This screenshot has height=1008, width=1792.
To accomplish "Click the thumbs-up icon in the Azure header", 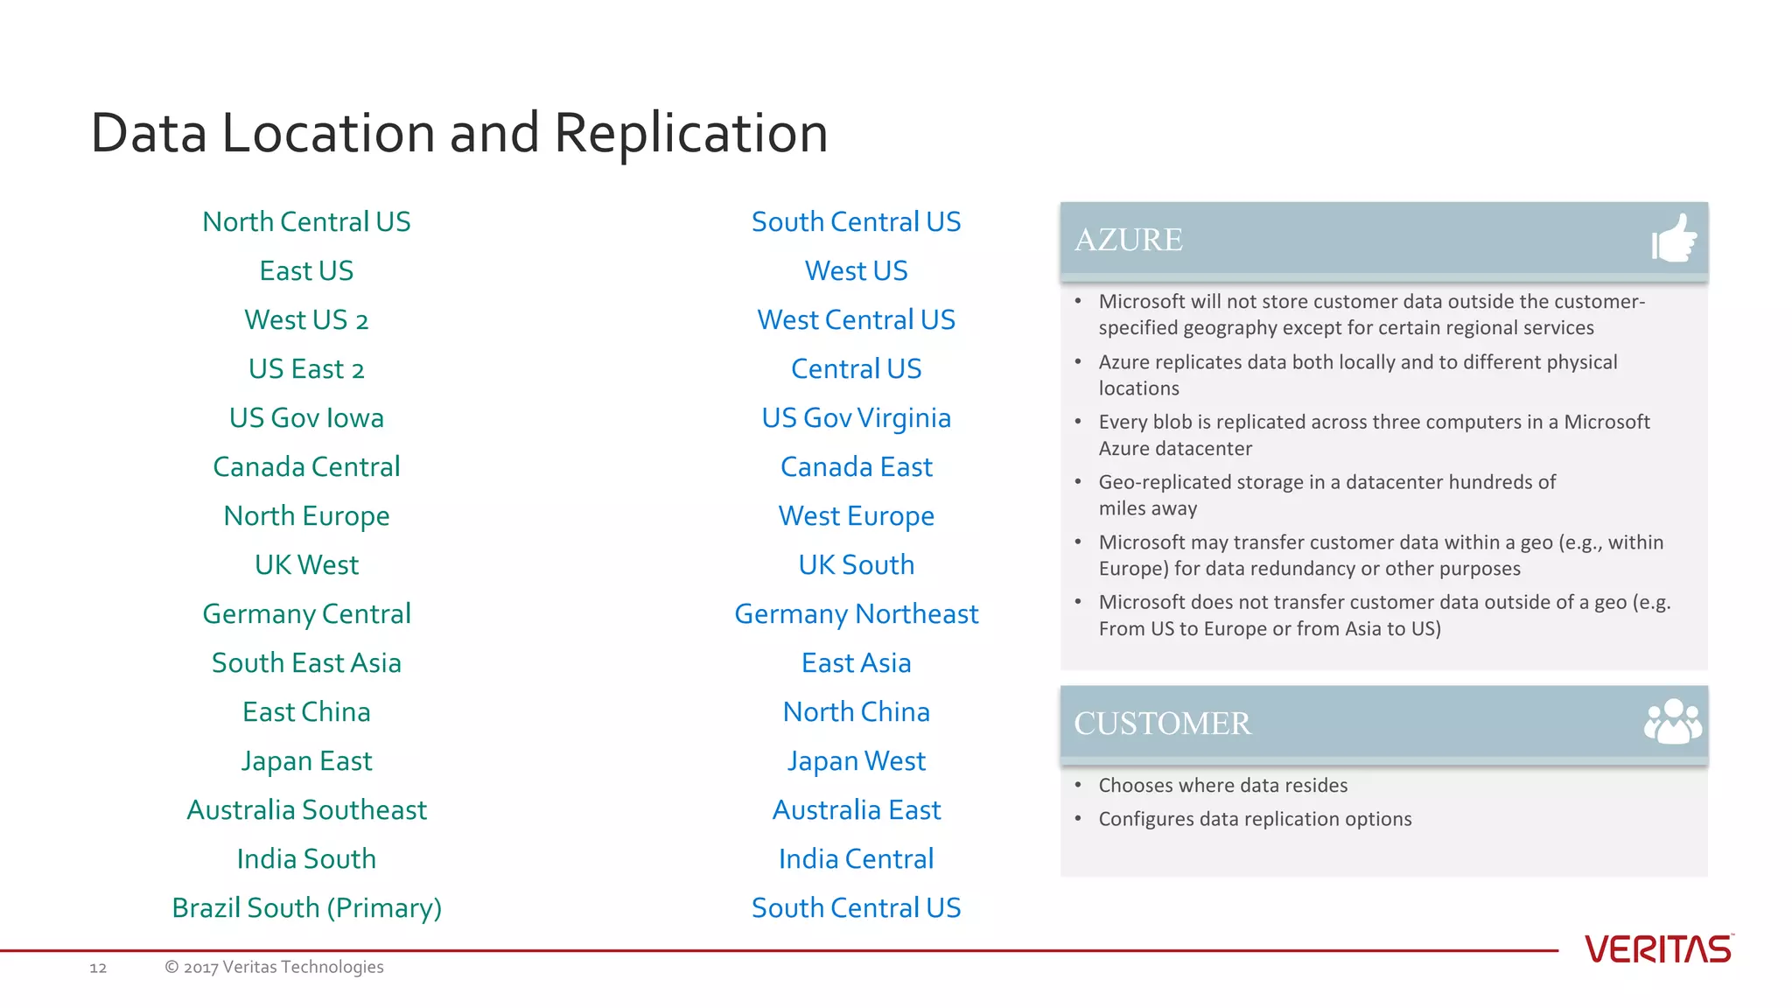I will point(1674,239).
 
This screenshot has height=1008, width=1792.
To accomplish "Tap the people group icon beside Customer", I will point(1672,722).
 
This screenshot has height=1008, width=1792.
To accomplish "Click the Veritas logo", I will point(1658,949).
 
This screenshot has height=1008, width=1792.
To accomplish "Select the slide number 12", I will point(98,968).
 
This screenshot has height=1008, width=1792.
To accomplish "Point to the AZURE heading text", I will point(1128,240).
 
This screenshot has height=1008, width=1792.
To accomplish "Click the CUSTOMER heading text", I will point(1162,724).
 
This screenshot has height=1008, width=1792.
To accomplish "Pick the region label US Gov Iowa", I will point(306,418).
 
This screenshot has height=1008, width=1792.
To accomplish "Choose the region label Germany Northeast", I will point(856,614).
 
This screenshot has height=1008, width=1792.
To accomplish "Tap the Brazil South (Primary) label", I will point(306,908).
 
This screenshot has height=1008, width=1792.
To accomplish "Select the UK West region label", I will point(306,565).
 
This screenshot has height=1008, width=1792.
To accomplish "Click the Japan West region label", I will point(856,761).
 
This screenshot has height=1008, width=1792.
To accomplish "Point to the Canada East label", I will point(856,467).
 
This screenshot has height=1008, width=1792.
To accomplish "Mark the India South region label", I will point(306,859).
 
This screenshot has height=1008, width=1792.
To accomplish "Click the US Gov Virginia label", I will point(856,418).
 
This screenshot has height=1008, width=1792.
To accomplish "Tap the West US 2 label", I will point(306,320).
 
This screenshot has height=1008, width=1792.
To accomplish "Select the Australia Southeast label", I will point(306,810).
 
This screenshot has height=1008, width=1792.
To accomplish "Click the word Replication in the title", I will point(690,134).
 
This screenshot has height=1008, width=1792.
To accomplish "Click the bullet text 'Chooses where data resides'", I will point(1222,786).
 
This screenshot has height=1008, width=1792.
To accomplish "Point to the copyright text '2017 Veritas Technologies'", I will point(283,967).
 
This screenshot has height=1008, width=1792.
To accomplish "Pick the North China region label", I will point(856,712).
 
